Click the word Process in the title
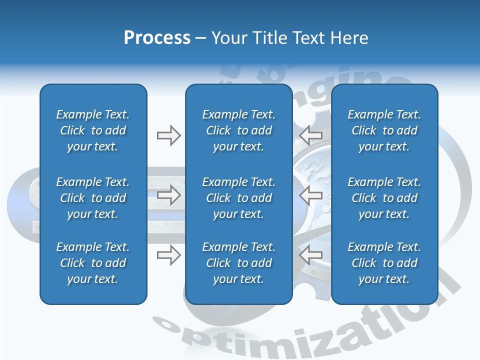click(x=157, y=38)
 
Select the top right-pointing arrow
click(x=168, y=135)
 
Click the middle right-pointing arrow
click(x=168, y=195)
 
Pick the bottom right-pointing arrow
click(x=168, y=255)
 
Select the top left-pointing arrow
click(x=310, y=135)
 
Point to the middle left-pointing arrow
click(x=310, y=195)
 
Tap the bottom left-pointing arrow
click(x=310, y=255)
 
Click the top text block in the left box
click(x=93, y=130)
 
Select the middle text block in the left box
click(x=93, y=198)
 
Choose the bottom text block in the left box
click(x=93, y=263)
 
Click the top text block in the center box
click(x=238, y=130)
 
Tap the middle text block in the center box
click(x=238, y=198)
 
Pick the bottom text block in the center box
click(x=238, y=263)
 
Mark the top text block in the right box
click(x=384, y=130)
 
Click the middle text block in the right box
click(x=384, y=198)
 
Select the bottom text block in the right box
click(x=384, y=263)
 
